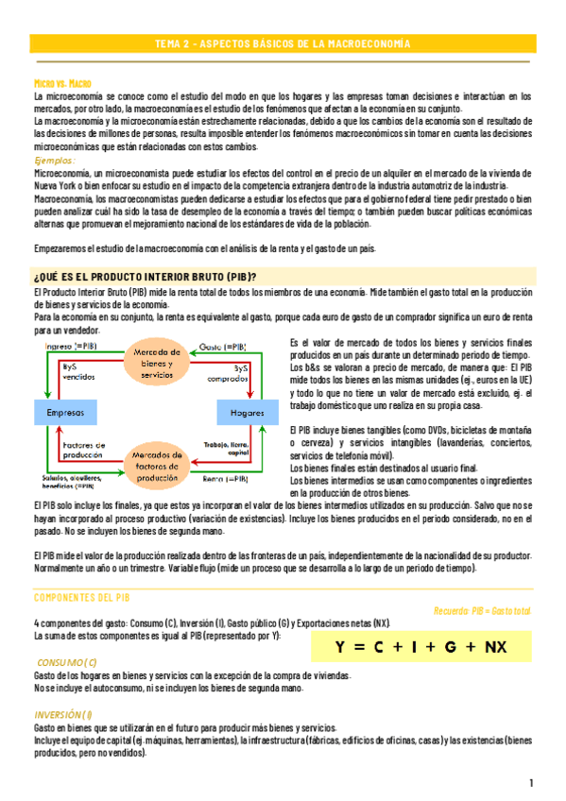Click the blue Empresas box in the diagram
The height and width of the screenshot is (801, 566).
pyautogui.click(x=68, y=414)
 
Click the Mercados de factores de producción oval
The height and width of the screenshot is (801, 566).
pyautogui.click(x=155, y=465)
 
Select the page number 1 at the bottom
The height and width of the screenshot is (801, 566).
pyautogui.click(x=532, y=783)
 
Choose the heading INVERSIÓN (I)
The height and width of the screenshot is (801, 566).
pyautogui.click(x=63, y=714)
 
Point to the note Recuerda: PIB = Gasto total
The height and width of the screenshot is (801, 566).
pyautogui.click(x=482, y=611)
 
